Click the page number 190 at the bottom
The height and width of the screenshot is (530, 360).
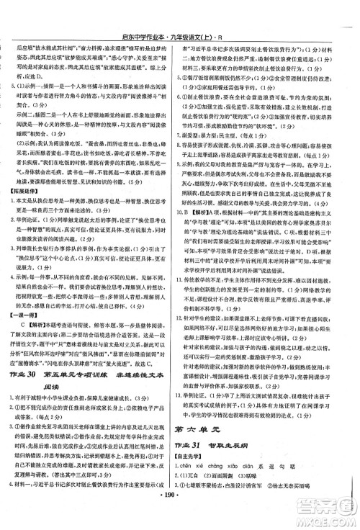tap(181, 517)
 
